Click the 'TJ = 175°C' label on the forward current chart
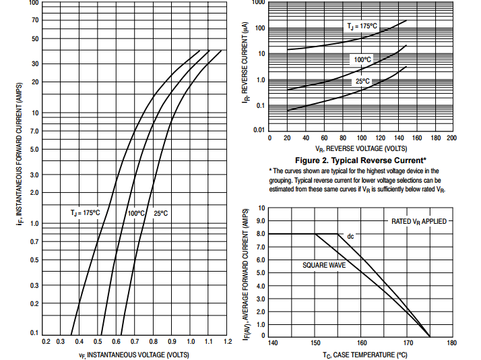click(85, 212)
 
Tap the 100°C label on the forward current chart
click(136, 213)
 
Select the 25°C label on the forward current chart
click(160, 213)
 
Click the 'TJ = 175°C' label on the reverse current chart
click(362, 26)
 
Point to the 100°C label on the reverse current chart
click(362, 60)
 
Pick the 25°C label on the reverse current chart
click(362, 82)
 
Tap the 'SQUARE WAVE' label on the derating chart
click(324, 266)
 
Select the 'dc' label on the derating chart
click(350, 237)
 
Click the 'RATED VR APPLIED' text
click(418, 221)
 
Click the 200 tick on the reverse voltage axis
click(451, 138)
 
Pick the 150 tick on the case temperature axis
click(315, 342)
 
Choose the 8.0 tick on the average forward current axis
click(260, 233)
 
